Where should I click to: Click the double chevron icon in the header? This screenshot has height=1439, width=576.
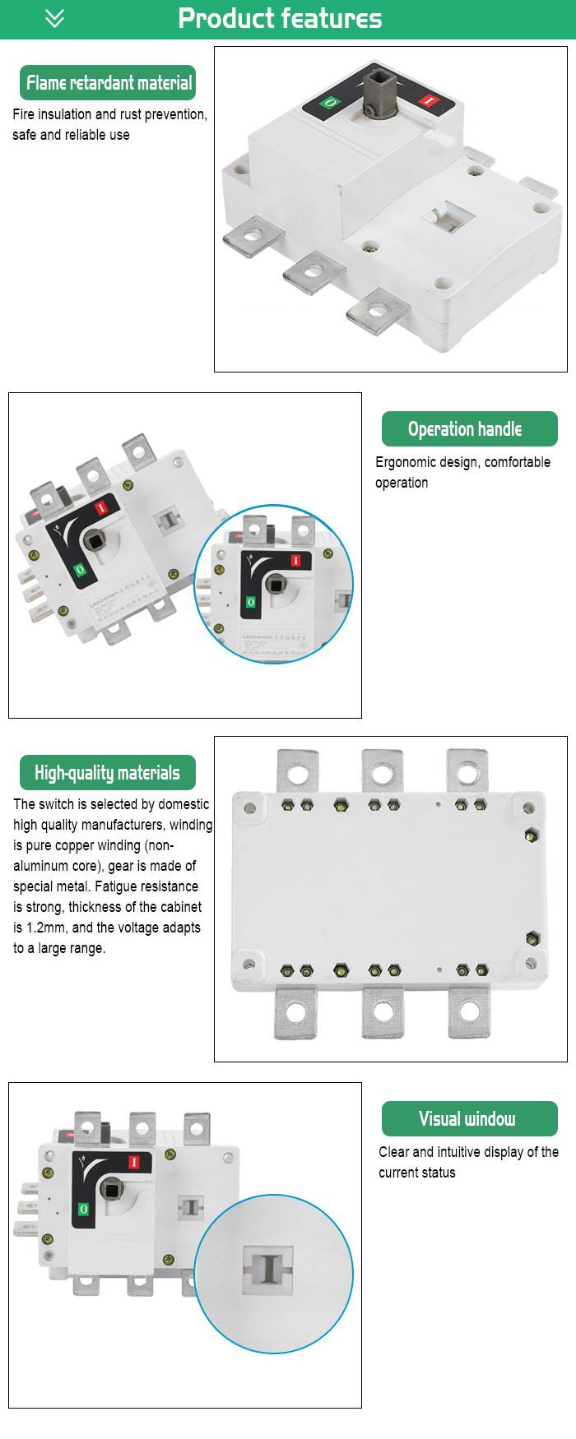pos(54,18)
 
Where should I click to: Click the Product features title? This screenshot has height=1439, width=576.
pos(280,18)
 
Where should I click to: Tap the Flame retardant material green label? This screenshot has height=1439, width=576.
pos(109,83)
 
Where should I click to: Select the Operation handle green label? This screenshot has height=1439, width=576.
pos(465,429)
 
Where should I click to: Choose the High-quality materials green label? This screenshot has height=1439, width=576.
pos(107,773)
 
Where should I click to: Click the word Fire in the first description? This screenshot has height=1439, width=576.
pos(25,114)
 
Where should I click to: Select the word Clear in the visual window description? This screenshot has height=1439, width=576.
pos(393,1152)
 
